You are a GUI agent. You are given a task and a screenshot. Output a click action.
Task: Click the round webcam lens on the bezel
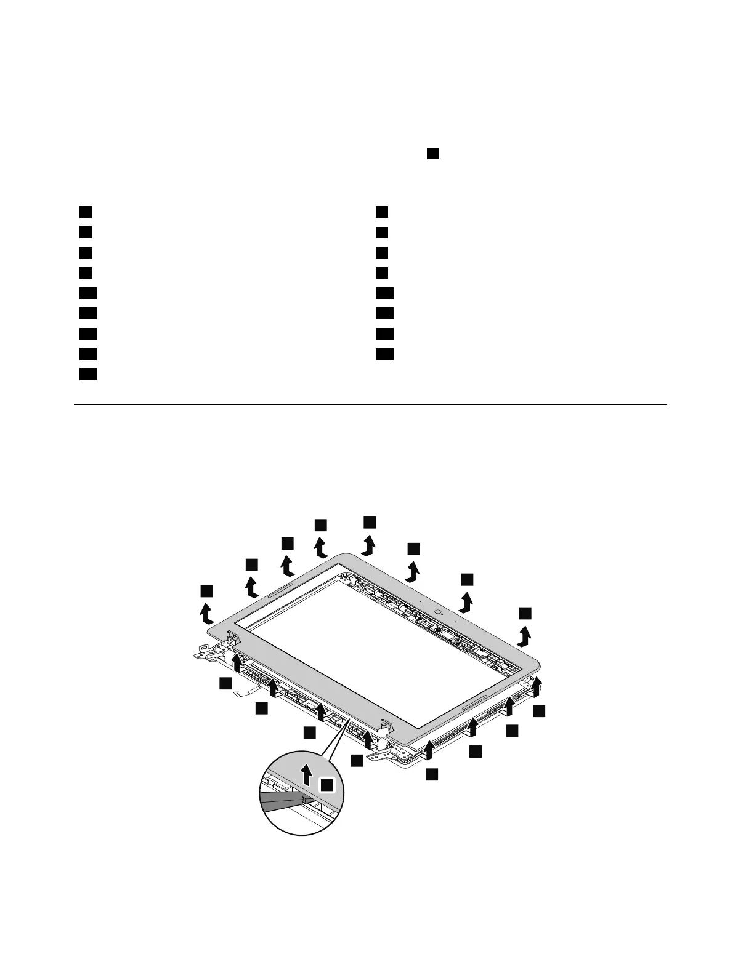438,612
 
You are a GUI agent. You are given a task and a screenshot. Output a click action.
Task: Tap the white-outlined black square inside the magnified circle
327,784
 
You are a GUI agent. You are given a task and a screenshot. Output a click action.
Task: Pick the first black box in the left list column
86,212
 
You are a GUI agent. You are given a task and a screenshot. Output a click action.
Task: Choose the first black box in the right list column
382,212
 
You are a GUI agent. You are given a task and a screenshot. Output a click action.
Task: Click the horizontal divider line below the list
370,404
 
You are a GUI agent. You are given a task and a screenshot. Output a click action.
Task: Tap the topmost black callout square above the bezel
370,521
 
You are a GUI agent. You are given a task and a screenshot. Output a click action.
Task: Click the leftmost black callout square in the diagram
206,591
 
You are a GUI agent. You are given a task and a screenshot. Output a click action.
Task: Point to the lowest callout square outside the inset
432,774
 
